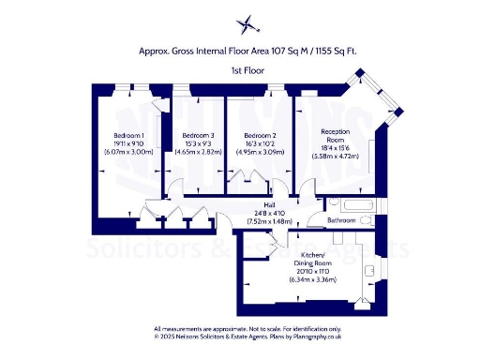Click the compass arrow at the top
[x=247, y=23]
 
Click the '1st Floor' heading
[x=247, y=71]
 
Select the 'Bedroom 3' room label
[x=191, y=134]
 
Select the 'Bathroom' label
[x=341, y=220]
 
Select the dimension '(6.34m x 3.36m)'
[x=312, y=278]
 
